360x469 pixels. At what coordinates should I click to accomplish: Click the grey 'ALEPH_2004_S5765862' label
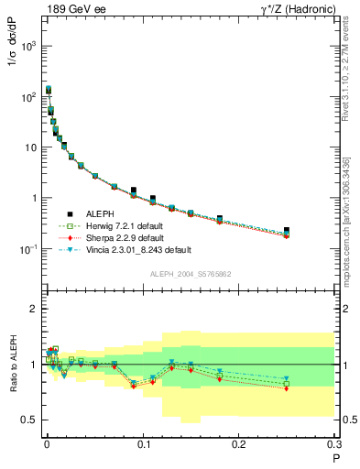pyautogui.click(x=190, y=274)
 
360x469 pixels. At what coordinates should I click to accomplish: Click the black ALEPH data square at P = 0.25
pyautogui.click(x=287, y=231)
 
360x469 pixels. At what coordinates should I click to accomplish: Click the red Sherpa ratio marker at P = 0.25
pyautogui.click(x=287, y=388)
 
